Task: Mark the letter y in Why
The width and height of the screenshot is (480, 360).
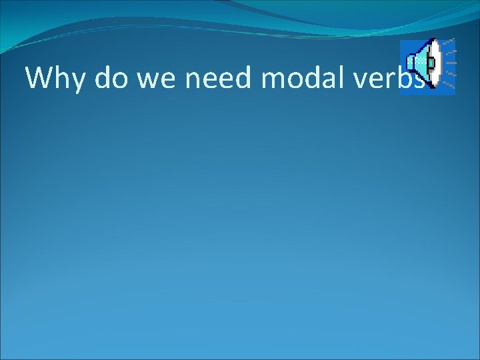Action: [x=78, y=81]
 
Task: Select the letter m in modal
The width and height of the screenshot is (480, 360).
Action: [x=271, y=81]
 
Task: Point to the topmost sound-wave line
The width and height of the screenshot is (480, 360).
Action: [x=449, y=41]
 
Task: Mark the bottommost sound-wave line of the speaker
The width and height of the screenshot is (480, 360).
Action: [x=449, y=86]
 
